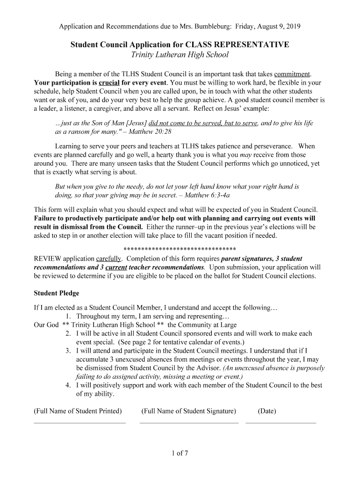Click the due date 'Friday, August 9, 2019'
[268, 26]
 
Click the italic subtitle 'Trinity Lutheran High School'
[180, 55]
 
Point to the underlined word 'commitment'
[292, 74]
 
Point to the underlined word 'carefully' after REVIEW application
[108, 259]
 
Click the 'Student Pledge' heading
[57, 293]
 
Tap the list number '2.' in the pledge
[68, 334]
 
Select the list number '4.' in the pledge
[68, 385]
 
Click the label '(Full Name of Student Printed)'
[78, 411]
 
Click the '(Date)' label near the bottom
[266, 411]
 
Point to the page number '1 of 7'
[180, 453]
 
